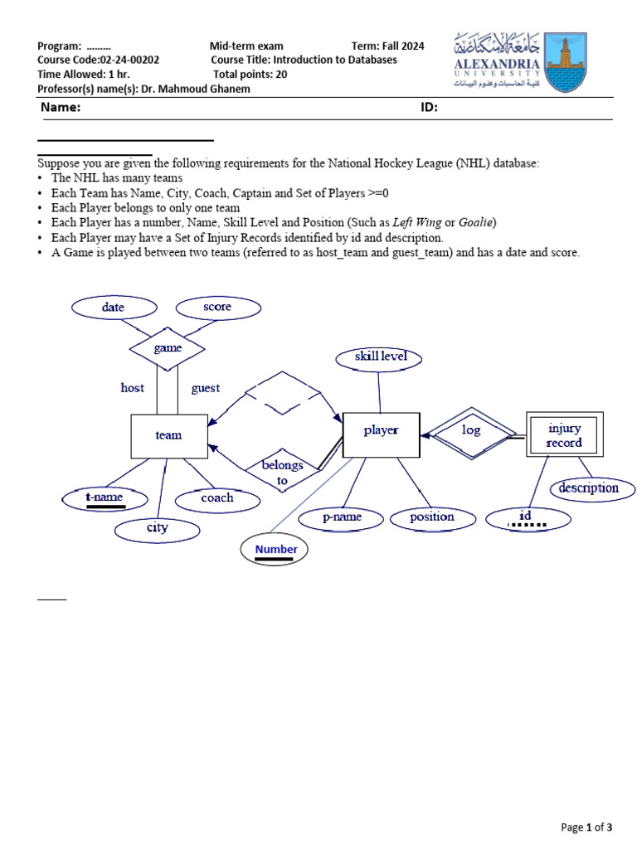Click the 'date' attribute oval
pos(114,308)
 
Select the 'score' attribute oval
pos(218,308)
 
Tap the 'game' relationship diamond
pos(168,348)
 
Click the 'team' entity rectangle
pos(169,435)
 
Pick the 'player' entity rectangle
pos(381,431)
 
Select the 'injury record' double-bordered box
pos(564,435)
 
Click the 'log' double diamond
pos(471,431)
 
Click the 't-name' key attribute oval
pos(105,498)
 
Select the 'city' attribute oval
pos(158,528)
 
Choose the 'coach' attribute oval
pos(217,498)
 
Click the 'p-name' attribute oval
pos(342,517)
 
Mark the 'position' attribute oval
pos(432,517)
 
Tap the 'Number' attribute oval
pos(275,550)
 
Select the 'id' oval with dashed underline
pos(528,519)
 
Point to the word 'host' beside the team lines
pos(133,388)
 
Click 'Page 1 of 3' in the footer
pos(586,827)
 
